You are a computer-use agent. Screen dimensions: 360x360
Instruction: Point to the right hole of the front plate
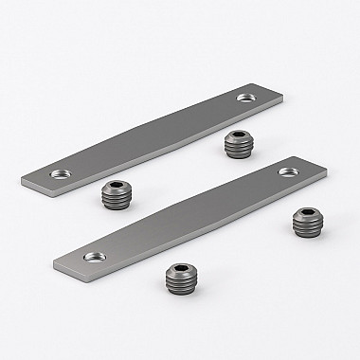(286, 172)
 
